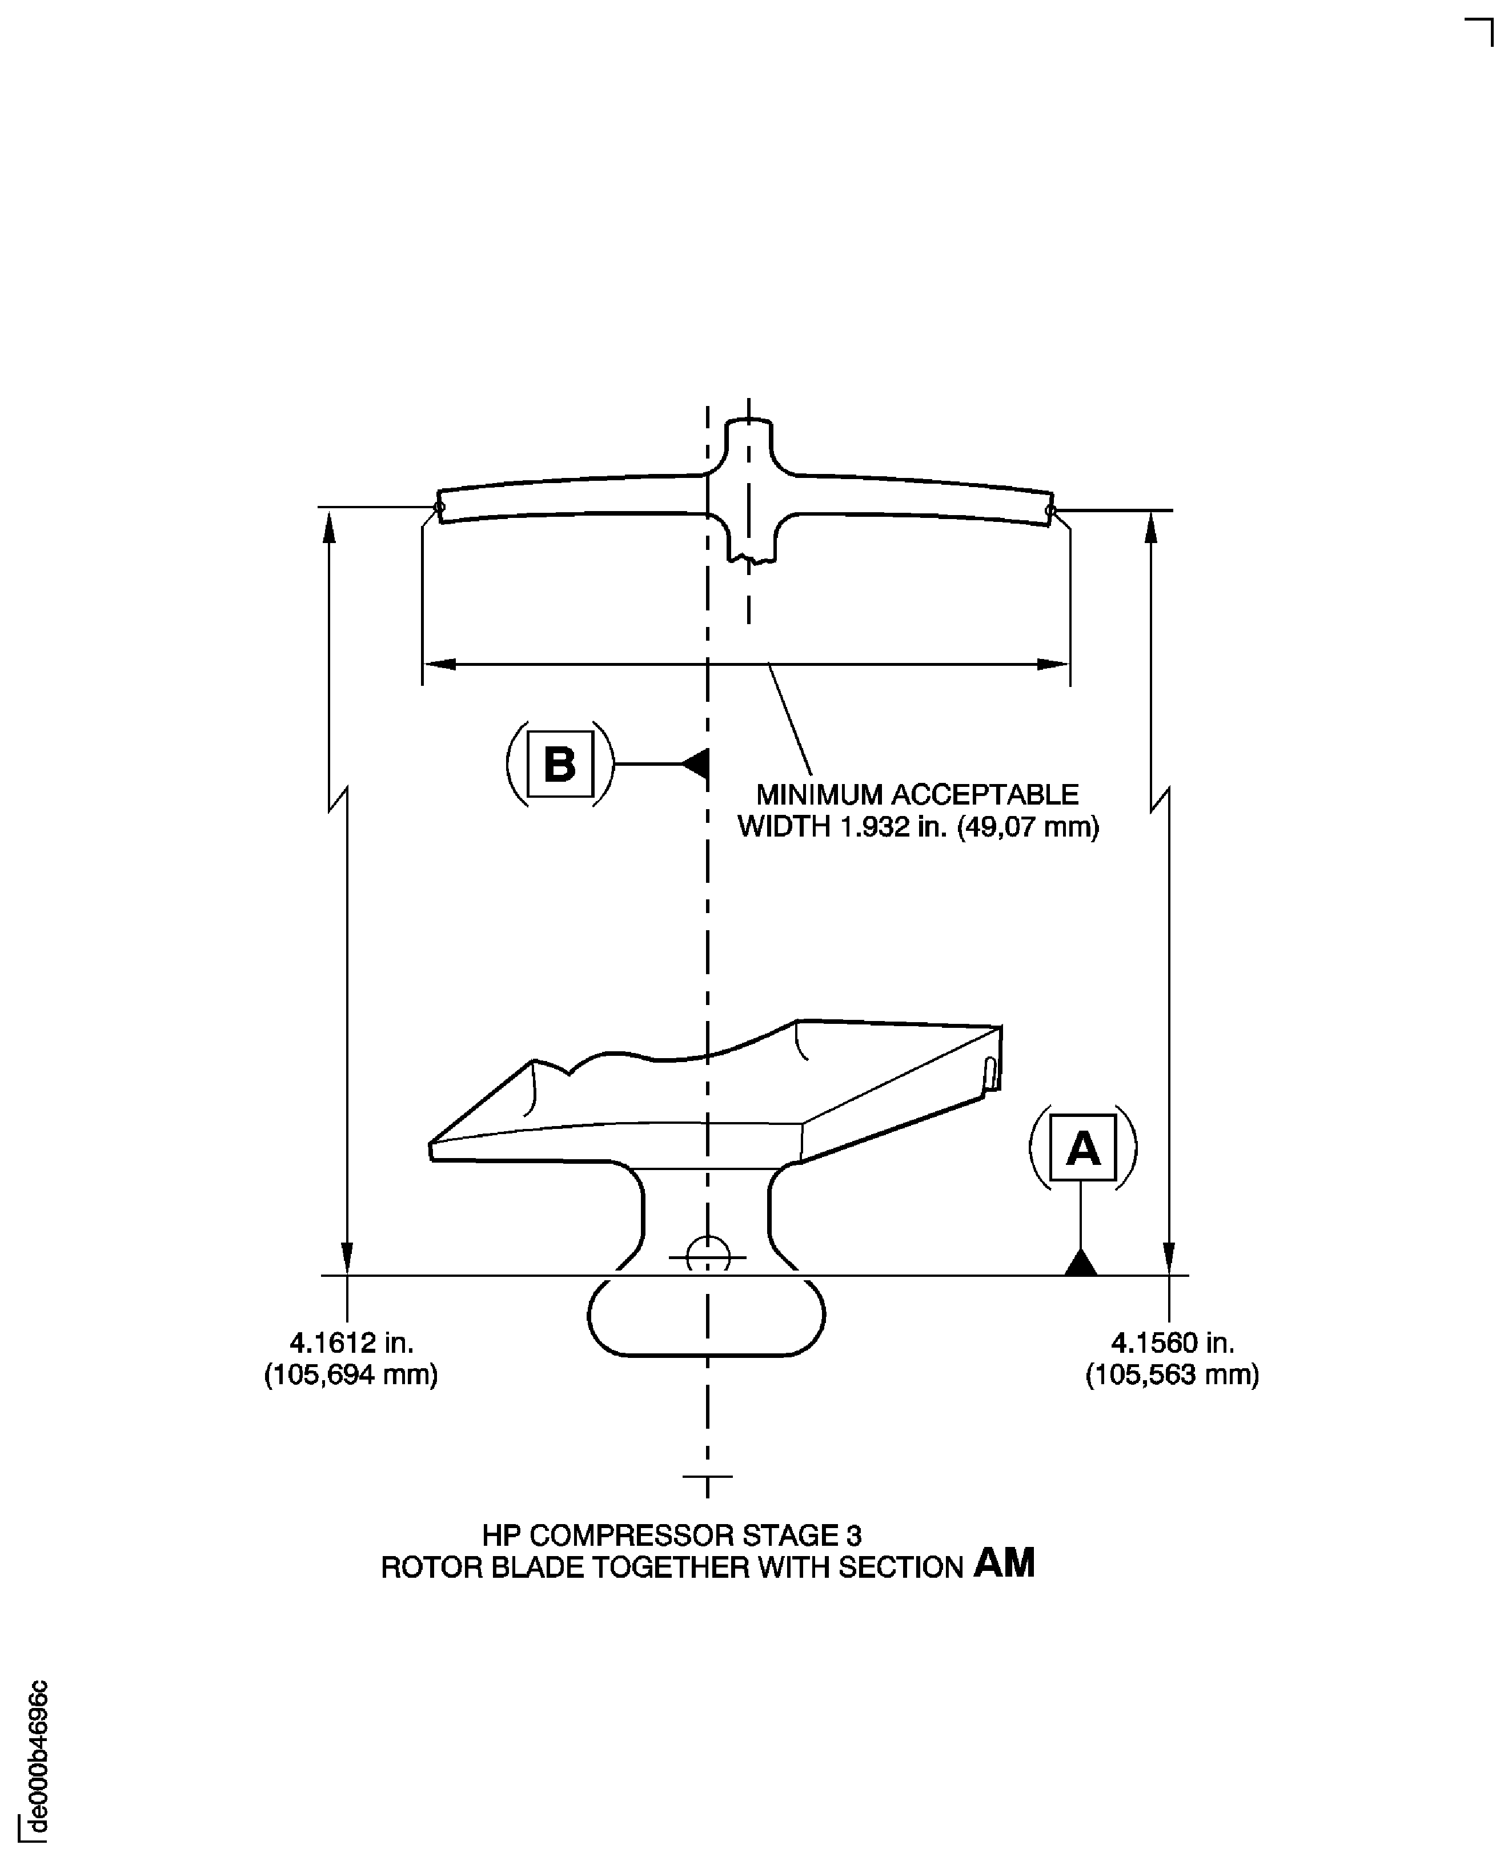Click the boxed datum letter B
[x=560, y=763]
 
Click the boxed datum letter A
[x=1082, y=1148]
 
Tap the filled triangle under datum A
[x=1081, y=1263]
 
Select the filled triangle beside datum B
[x=696, y=763]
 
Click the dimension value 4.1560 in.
[x=1172, y=1343]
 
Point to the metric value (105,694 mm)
[x=351, y=1374]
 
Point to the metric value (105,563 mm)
[x=1172, y=1374]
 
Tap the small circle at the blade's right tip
[x=1050, y=509]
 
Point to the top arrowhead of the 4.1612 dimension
[x=329, y=528]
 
